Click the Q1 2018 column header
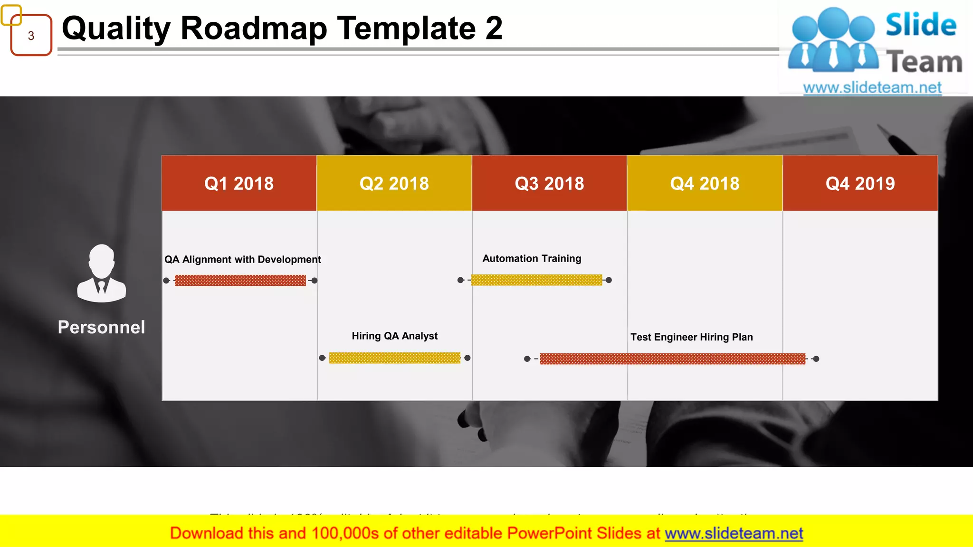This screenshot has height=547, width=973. tap(239, 183)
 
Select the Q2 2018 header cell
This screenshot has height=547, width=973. tap(394, 183)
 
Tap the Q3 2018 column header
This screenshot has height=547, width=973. tap(549, 183)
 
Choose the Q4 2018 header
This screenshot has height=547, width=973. tap(705, 183)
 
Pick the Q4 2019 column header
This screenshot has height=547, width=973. tap(860, 183)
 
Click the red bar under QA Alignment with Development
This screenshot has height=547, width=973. tap(240, 281)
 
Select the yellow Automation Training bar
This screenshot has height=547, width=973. tap(536, 280)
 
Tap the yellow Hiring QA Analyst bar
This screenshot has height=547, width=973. tap(394, 358)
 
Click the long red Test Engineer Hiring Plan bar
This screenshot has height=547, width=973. tap(672, 359)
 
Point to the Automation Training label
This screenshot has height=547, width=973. tap(532, 259)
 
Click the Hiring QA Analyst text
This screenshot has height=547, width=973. tap(394, 336)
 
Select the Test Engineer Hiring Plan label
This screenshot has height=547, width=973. tap(691, 337)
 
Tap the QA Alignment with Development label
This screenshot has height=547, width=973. tap(242, 260)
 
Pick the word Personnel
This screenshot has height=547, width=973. tap(101, 328)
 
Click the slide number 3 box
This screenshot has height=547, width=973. tap(31, 36)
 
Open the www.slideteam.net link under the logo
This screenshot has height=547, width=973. tap(872, 88)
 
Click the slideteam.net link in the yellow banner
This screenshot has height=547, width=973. tap(734, 534)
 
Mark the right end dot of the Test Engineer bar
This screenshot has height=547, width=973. tap(816, 359)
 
